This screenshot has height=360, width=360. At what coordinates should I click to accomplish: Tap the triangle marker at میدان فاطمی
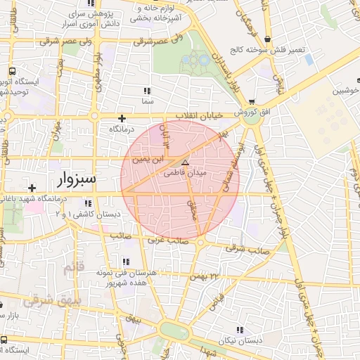tap(186, 162)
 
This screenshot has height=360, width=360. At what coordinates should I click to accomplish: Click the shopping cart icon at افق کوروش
tap(252, 103)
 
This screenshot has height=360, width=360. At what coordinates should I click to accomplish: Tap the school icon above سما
tap(147, 91)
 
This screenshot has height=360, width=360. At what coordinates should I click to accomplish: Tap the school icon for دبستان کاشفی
tap(86, 204)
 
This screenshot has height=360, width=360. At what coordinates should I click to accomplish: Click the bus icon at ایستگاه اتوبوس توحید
tap(13, 72)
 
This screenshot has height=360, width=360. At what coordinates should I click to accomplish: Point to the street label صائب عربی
tap(168, 240)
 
